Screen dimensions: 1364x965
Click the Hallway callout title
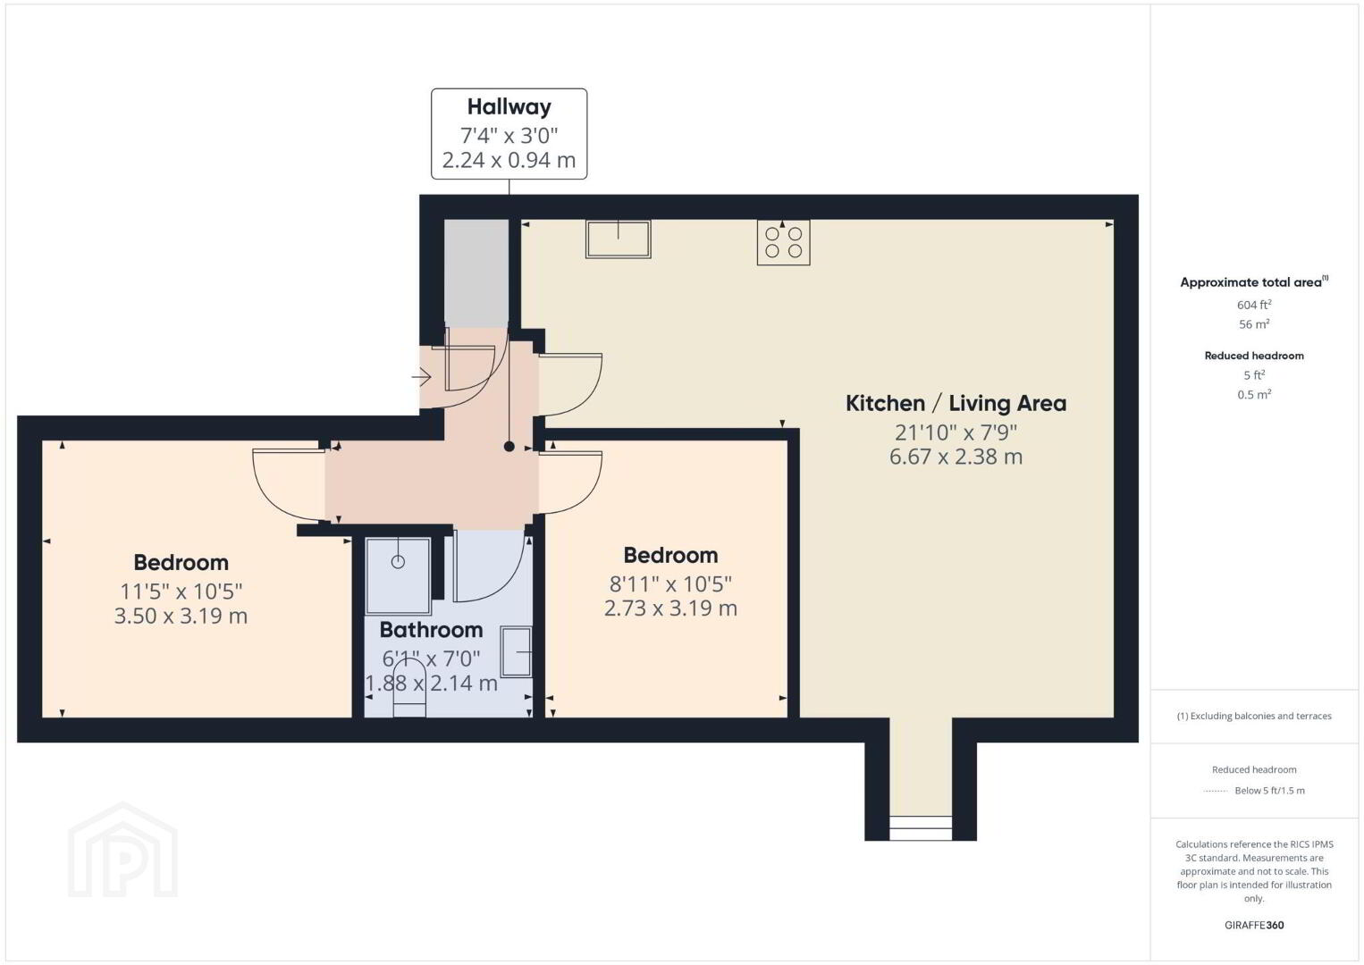click(x=509, y=107)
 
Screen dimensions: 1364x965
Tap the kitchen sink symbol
click(x=618, y=239)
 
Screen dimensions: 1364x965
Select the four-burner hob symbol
click(x=784, y=242)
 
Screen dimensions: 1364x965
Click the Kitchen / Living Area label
click(x=956, y=403)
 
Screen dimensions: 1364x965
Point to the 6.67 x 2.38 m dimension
click(x=956, y=457)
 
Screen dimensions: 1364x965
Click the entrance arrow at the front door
click(x=421, y=377)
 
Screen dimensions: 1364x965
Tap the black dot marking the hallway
click(x=509, y=447)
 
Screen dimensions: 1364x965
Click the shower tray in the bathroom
click(x=399, y=576)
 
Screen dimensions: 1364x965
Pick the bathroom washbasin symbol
click(x=516, y=651)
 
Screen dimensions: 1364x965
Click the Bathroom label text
click(x=431, y=630)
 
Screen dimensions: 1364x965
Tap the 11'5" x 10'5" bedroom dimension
click(x=181, y=592)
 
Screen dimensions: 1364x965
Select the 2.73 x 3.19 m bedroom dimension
click(x=670, y=608)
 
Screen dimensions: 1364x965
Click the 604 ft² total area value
click(x=1254, y=305)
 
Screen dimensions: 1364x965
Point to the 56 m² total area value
click(x=1254, y=323)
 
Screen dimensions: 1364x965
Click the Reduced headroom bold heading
click(x=1254, y=356)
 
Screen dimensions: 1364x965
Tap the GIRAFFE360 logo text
click(x=1254, y=925)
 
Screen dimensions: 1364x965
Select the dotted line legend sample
click(x=1216, y=791)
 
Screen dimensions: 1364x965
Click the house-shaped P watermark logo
click(x=122, y=850)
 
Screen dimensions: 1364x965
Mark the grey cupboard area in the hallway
click(x=476, y=273)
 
